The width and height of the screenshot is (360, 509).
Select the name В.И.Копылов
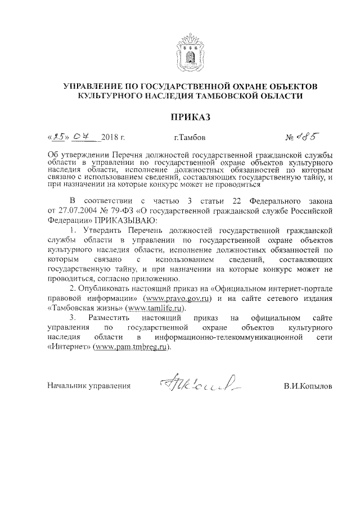point(308,386)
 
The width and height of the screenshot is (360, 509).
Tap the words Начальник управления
point(89,386)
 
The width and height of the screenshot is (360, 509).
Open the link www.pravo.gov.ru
point(177,298)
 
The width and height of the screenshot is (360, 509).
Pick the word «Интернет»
point(64,347)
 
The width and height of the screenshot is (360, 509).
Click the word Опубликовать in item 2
point(108,288)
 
